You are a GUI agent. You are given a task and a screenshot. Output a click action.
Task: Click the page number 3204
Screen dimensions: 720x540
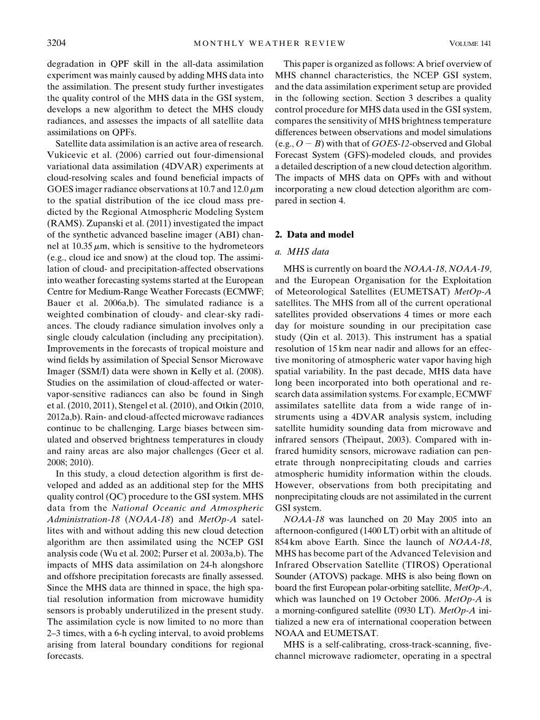[x=56, y=43]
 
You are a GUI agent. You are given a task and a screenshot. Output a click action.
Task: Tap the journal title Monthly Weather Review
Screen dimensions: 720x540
[x=270, y=43]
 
